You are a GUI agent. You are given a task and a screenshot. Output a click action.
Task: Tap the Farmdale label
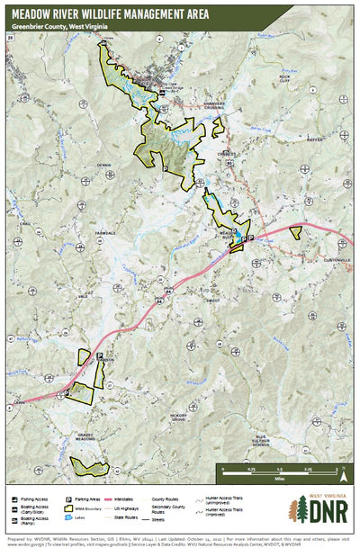click(x=106, y=232)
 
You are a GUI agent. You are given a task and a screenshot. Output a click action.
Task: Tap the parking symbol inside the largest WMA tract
click(x=165, y=166)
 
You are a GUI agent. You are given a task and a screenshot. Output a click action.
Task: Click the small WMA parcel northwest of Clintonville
click(x=295, y=231)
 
